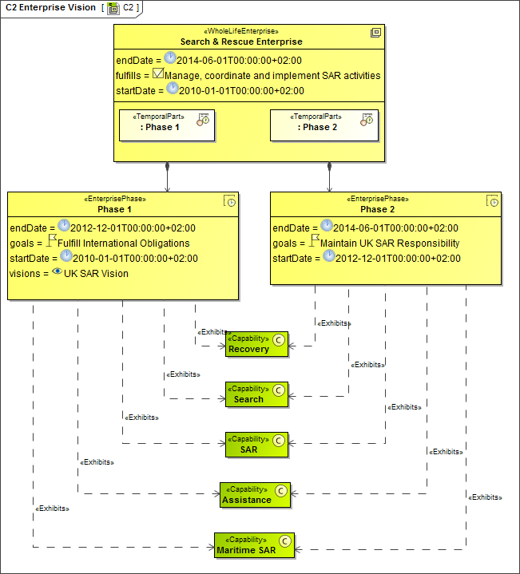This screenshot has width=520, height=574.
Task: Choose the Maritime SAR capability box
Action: click(x=254, y=544)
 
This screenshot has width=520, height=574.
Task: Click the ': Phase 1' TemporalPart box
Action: click(x=167, y=125)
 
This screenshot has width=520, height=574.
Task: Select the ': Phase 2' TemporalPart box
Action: click(x=324, y=125)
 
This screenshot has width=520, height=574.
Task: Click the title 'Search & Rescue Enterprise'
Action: click(x=252, y=42)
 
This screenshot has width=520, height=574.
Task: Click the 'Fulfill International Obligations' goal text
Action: click(x=124, y=243)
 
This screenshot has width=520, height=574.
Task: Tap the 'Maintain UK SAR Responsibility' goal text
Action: click(x=390, y=243)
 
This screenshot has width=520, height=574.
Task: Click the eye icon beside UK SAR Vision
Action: click(x=58, y=272)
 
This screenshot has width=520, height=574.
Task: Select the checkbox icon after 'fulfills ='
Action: click(x=158, y=75)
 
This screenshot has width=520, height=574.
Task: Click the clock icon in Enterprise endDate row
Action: click(x=169, y=59)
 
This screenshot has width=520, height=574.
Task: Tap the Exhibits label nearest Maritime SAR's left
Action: click(x=52, y=508)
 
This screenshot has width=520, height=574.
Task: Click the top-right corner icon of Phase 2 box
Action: click(x=493, y=201)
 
